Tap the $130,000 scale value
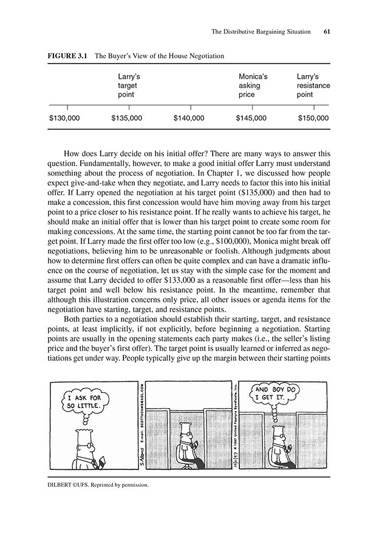[x=64, y=118]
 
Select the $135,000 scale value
[x=128, y=118]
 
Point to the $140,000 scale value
[x=190, y=118]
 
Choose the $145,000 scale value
[x=251, y=118]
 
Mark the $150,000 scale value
[x=313, y=118]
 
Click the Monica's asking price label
[x=253, y=86]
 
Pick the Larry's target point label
[x=129, y=86]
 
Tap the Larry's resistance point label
[x=313, y=86]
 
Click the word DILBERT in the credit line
[x=63, y=486]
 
